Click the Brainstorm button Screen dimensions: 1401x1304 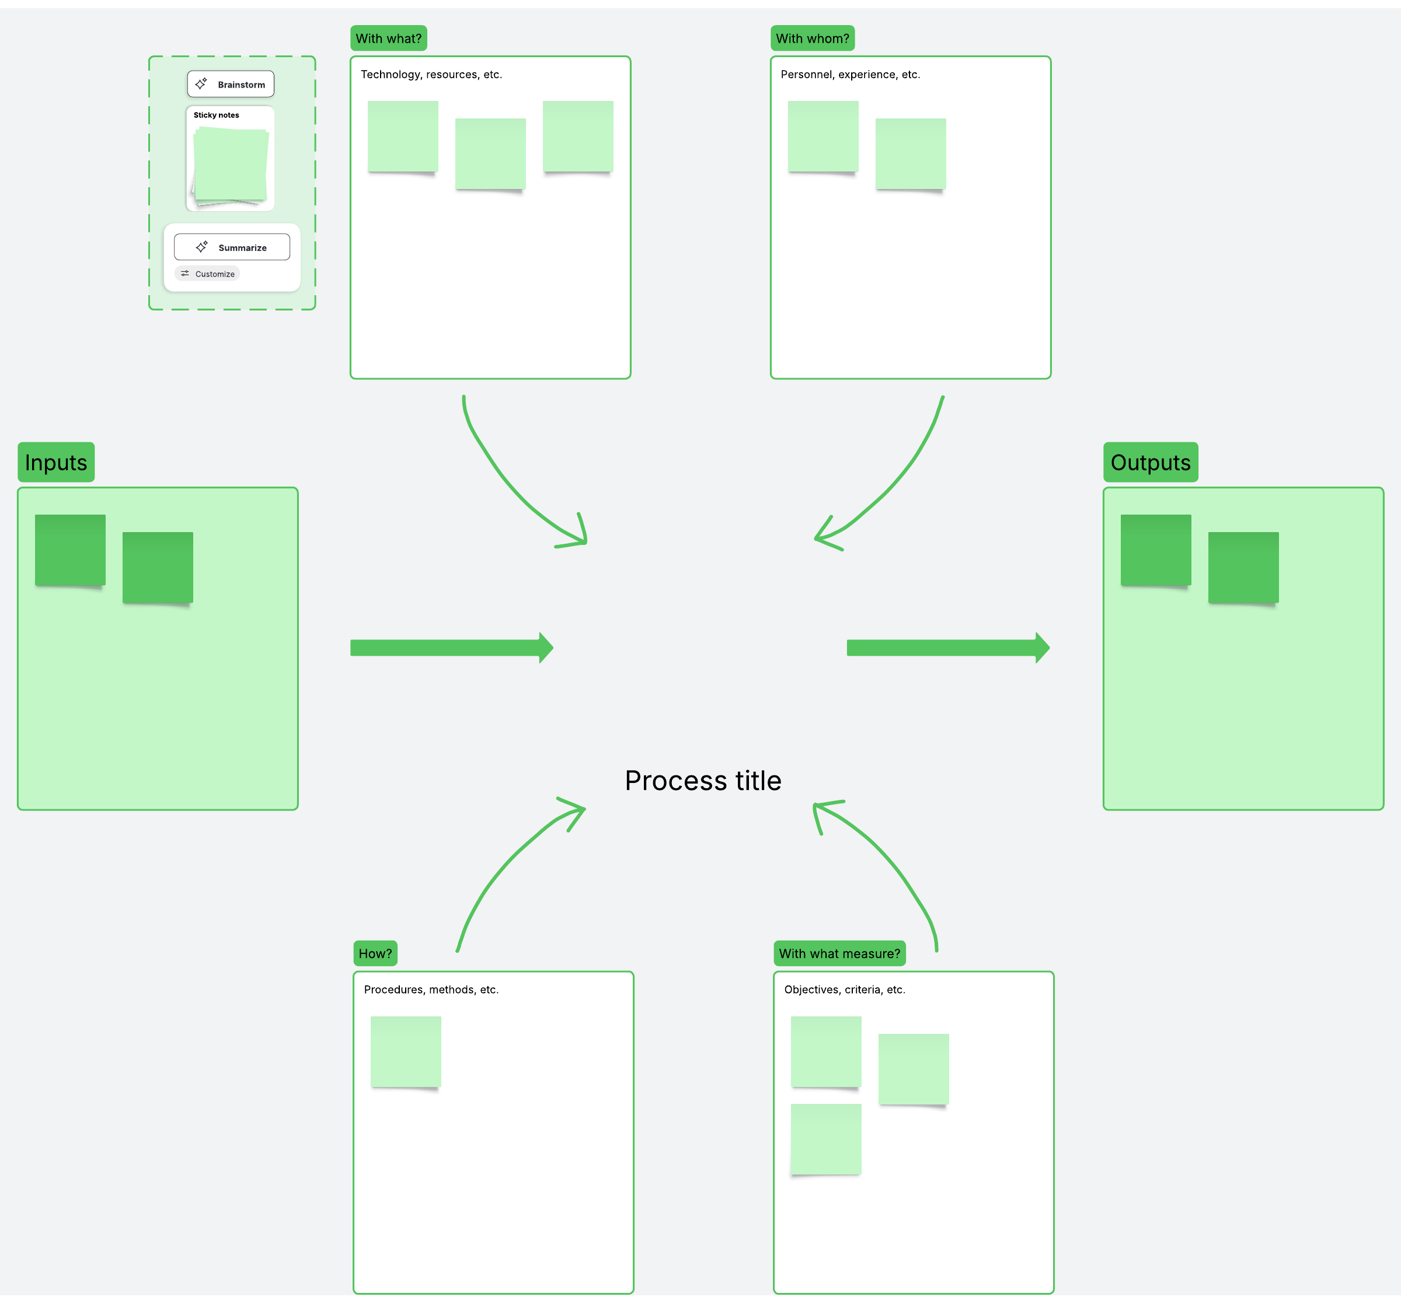tap(231, 84)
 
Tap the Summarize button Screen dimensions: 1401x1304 tap(232, 247)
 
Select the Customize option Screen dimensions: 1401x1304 tap(207, 273)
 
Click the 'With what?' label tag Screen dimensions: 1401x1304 tap(388, 38)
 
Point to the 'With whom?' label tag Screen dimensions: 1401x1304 tap(813, 38)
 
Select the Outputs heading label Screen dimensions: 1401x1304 tap(1151, 462)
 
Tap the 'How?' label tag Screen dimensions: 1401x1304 tap(375, 953)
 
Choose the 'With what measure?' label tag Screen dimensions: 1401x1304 tap(840, 953)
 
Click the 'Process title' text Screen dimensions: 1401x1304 tap(703, 781)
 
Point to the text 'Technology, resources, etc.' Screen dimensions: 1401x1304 tap(431, 75)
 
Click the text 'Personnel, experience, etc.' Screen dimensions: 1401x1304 tap(851, 75)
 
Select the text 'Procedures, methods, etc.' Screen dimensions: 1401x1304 tap(431, 990)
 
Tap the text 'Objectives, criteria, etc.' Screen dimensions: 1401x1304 tap(845, 990)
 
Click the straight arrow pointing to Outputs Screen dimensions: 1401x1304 tap(948, 648)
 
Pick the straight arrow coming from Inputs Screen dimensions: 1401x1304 tap(452, 648)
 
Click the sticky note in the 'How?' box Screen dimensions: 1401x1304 tap(406, 1052)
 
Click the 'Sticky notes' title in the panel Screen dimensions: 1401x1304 tap(217, 115)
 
